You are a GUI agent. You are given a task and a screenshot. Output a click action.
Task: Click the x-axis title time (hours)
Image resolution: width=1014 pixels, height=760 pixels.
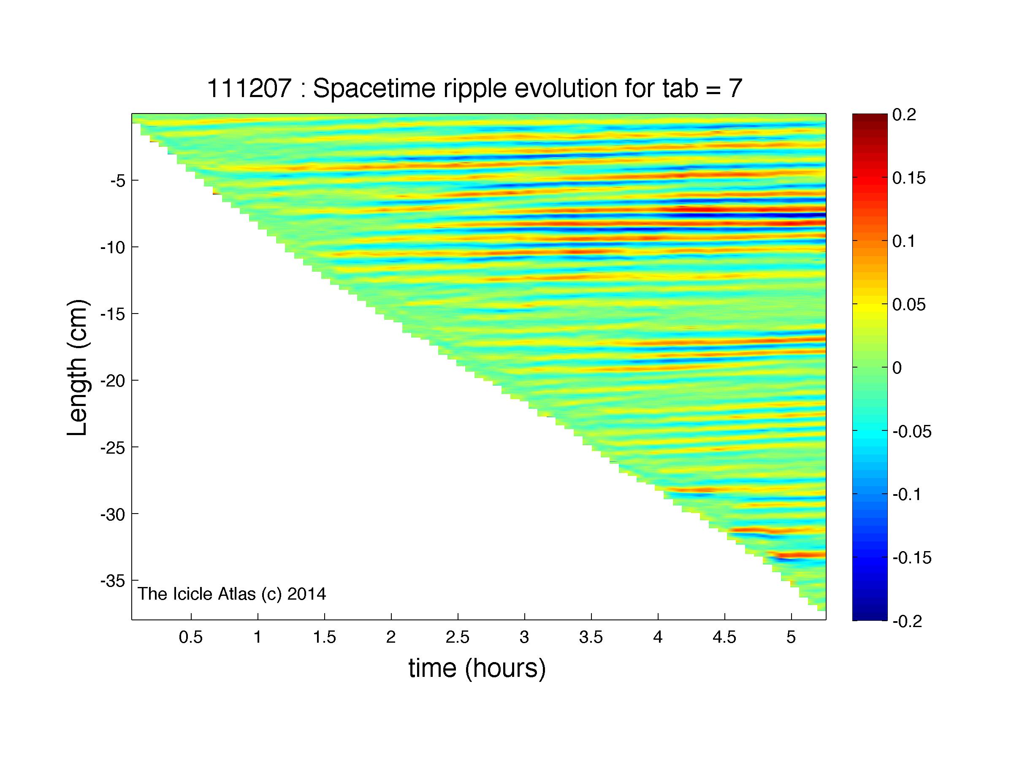(477, 668)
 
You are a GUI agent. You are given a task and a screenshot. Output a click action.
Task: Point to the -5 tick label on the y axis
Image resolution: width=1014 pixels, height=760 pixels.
(118, 181)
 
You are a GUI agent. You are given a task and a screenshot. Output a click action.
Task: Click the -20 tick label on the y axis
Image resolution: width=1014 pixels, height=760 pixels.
(113, 381)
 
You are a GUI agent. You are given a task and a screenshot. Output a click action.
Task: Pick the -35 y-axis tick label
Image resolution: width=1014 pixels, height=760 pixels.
(113, 581)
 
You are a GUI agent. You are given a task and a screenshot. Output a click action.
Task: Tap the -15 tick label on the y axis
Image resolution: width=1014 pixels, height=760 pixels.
(113, 314)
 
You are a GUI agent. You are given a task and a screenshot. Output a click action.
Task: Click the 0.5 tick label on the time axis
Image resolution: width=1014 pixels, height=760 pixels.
(191, 637)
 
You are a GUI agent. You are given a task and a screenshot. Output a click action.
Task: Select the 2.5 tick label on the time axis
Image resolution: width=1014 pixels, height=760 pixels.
(458, 637)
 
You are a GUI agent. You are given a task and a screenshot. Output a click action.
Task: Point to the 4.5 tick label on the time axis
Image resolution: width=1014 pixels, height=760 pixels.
(724, 637)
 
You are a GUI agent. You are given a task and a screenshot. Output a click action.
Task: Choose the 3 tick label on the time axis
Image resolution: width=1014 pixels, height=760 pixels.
(524, 637)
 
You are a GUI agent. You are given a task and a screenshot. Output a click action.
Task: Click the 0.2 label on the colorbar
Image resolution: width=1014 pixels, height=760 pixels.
(904, 114)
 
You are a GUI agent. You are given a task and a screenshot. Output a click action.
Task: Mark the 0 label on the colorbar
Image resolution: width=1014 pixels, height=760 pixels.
(897, 368)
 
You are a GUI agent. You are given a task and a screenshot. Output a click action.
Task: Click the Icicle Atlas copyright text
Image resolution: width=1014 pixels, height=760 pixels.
(232, 594)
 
